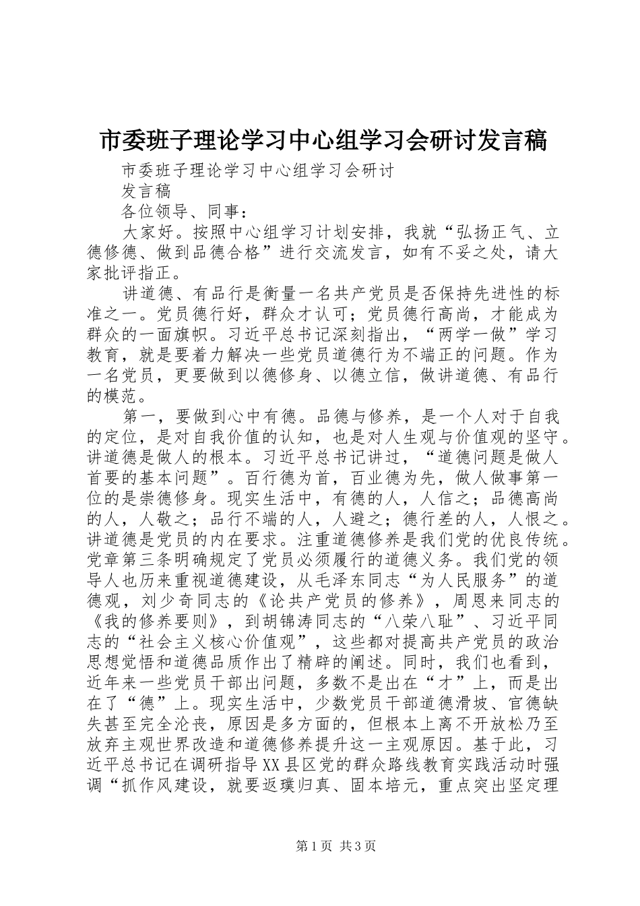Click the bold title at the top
coord(323,140)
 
